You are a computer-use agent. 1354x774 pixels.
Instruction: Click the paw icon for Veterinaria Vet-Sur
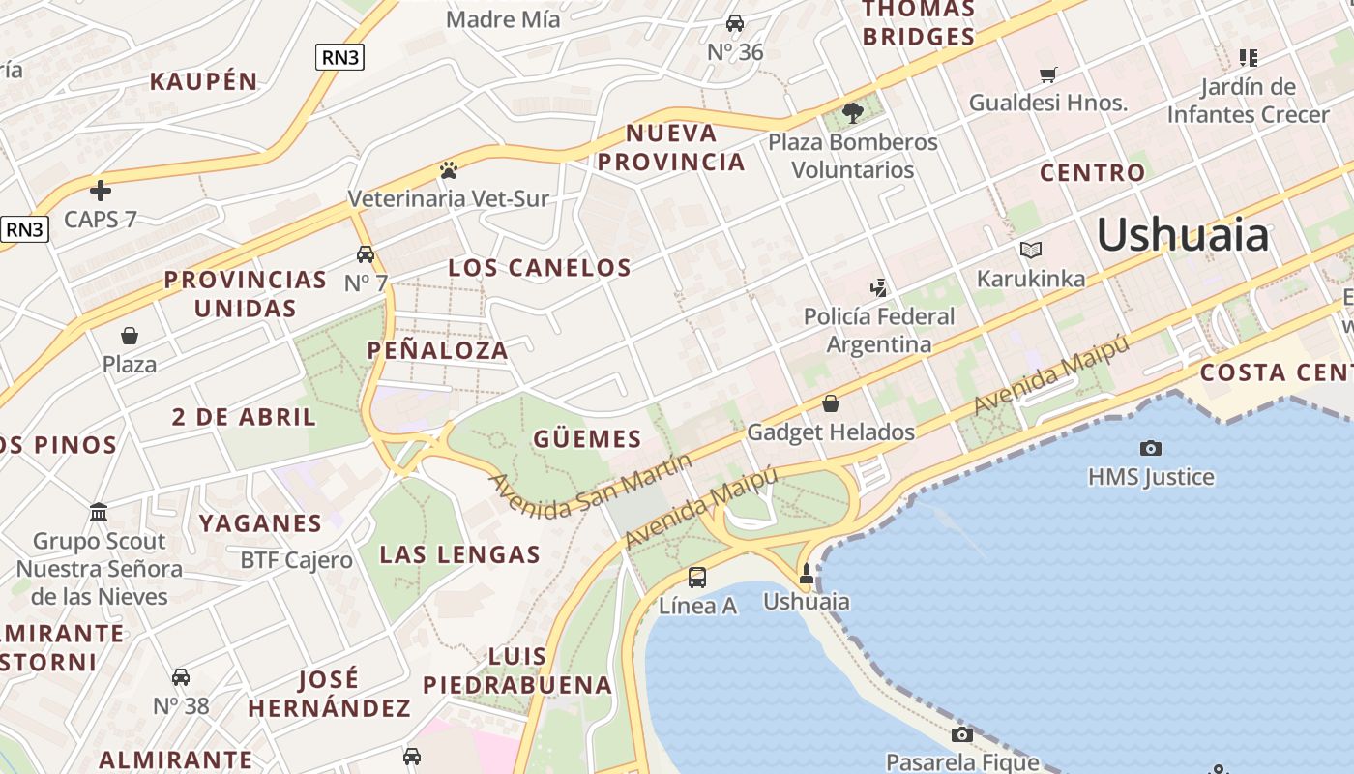tap(448, 170)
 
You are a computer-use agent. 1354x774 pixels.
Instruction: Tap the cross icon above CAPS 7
tap(101, 190)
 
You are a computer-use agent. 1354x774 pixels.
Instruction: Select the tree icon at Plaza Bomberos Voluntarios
tap(852, 113)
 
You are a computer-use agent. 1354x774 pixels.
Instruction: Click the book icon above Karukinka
tap(1031, 251)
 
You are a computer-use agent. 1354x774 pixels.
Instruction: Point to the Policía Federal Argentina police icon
tap(878, 287)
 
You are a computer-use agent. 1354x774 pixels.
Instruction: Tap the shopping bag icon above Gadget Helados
tap(830, 403)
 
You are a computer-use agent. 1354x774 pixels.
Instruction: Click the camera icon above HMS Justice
tap(1150, 448)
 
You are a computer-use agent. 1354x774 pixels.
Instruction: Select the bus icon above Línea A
tap(697, 578)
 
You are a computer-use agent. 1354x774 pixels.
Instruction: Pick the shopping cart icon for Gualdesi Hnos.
tap(1047, 74)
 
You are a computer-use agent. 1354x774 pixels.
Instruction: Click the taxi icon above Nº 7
tap(366, 254)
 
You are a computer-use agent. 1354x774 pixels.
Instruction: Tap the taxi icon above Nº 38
tap(181, 677)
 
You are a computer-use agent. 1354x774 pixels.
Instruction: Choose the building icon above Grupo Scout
tap(99, 512)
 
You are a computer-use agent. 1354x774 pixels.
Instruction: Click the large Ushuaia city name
tap(1182, 235)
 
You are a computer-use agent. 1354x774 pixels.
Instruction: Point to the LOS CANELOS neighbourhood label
tap(540, 268)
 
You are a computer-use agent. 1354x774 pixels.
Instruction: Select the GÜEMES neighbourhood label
tap(587, 439)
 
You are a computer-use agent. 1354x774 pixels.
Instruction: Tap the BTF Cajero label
tap(296, 560)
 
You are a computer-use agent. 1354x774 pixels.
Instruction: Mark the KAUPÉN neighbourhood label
tap(203, 82)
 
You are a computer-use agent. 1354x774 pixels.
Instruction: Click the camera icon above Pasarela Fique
tap(961, 734)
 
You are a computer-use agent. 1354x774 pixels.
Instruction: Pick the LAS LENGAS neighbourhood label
tap(459, 555)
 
